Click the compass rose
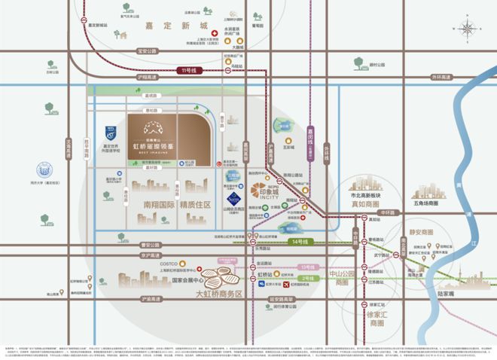pos(468,30)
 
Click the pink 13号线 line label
pos(306,267)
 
